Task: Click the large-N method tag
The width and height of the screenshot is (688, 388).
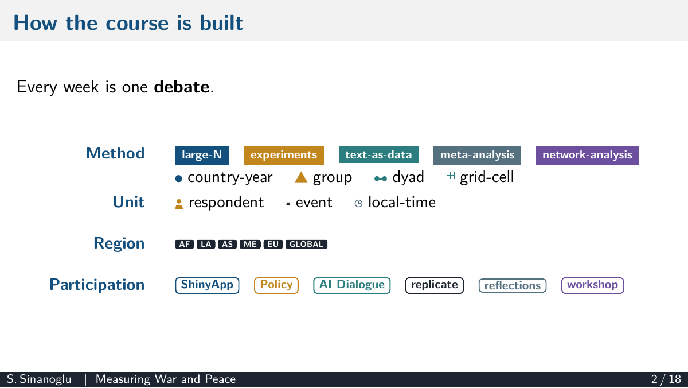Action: (202, 156)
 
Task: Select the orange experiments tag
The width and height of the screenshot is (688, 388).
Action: (283, 156)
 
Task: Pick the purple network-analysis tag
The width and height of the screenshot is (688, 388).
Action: (587, 156)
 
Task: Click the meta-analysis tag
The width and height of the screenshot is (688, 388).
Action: (477, 156)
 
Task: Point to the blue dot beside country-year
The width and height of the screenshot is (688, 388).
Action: (178, 179)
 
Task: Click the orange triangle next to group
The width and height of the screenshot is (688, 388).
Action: (301, 177)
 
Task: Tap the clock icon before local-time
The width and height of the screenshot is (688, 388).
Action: (358, 203)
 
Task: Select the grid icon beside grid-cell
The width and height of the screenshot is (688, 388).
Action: (450, 175)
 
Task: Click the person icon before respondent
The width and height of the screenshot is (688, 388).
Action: (179, 204)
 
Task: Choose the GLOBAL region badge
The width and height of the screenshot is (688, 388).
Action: (306, 244)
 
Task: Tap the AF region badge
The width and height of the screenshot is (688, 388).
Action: (184, 244)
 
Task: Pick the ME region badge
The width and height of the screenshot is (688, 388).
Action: (250, 244)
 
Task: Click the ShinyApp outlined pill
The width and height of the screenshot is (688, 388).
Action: (207, 285)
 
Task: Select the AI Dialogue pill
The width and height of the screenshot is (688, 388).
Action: (351, 285)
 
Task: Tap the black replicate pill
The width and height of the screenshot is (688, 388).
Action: (435, 285)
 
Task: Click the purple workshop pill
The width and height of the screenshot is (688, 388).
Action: (592, 285)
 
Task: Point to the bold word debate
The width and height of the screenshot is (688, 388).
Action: (182, 87)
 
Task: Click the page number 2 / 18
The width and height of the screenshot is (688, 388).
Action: (666, 379)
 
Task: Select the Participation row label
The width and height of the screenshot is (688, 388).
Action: (97, 285)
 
